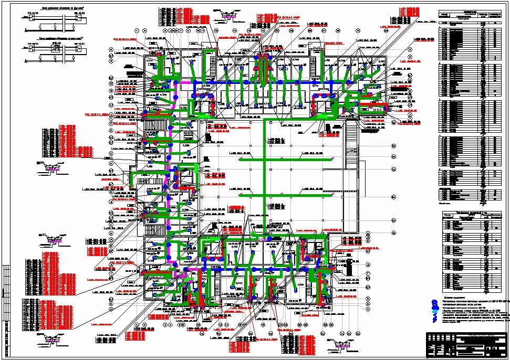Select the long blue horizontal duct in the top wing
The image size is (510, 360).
[263, 83]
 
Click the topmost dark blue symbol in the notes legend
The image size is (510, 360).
[434, 302]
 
